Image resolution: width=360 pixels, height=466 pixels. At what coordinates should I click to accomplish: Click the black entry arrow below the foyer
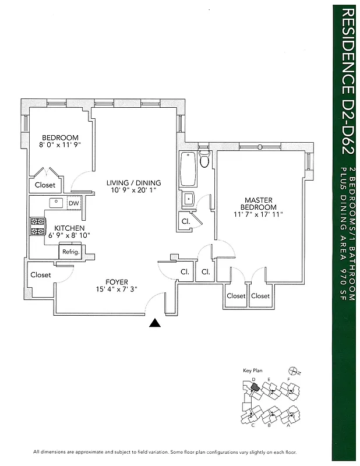(x=154, y=323)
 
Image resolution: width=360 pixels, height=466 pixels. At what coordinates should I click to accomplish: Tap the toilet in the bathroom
(x=203, y=159)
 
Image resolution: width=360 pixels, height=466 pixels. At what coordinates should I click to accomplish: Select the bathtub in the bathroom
(x=189, y=168)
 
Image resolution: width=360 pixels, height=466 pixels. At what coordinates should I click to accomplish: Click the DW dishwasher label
(x=74, y=203)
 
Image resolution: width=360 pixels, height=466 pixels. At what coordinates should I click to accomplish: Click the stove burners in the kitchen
(x=37, y=227)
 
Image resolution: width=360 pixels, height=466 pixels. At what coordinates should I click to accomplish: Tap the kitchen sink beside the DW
(x=57, y=203)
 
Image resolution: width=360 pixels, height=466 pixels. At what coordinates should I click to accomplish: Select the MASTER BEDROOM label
(x=259, y=203)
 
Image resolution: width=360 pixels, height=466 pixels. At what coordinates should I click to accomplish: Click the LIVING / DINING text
(x=133, y=183)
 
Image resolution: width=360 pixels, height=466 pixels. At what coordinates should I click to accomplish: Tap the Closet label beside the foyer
(x=41, y=274)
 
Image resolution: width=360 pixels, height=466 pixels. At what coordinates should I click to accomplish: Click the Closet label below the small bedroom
(x=45, y=185)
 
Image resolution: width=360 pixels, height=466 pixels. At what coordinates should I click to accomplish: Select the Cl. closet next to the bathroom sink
(x=186, y=221)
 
